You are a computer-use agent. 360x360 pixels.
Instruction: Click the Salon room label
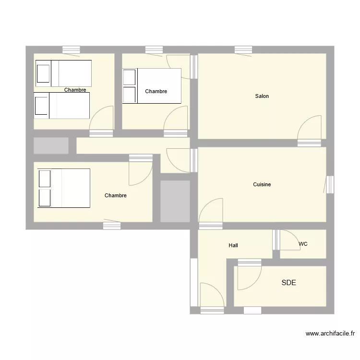click(x=262, y=96)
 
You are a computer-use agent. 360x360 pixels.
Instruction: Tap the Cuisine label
click(x=262, y=184)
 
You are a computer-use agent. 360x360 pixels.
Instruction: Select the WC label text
click(x=303, y=244)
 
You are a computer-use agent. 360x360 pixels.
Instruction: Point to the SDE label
click(x=288, y=283)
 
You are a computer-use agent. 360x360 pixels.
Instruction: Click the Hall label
click(x=234, y=245)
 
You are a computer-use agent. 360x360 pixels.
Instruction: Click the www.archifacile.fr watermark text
click(x=330, y=334)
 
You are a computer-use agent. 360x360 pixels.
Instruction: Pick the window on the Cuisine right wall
click(x=330, y=185)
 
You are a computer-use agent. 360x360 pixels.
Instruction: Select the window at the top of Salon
click(x=243, y=49)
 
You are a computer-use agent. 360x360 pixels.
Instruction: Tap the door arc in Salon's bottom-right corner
click(x=310, y=128)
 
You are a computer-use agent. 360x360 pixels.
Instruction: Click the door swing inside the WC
click(x=289, y=240)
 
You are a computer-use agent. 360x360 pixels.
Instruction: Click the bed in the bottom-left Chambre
click(x=64, y=188)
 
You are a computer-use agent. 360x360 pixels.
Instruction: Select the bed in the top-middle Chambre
click(x=152, y=86)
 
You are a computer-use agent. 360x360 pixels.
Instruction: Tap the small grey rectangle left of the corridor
click(x=51, y=145)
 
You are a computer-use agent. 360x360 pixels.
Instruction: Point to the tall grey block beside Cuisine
click(x=175, y=201)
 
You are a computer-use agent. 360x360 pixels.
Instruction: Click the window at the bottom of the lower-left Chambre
click(x=112, y=225)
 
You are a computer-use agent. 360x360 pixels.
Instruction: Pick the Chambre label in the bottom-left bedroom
click(x=116, y=195)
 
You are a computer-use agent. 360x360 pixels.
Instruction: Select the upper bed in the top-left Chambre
click(x=64, y=73)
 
